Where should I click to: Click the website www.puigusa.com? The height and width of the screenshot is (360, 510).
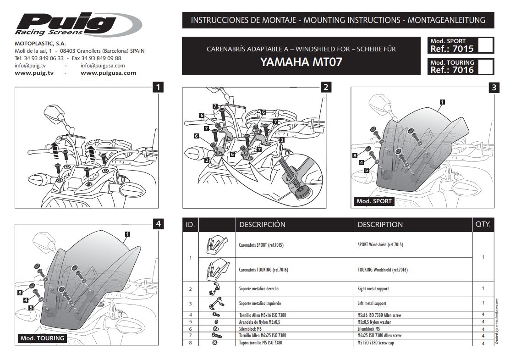tap(108, 73)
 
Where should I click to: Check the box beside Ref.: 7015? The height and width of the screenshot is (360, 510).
tap(486, 45)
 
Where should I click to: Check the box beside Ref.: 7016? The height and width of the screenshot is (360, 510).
tap(486, 66)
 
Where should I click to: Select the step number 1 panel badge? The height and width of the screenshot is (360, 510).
tap(158, 87)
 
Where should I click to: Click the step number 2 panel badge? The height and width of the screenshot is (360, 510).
tap(325, 87)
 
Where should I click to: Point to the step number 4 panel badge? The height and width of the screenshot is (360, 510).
tap(158, 224)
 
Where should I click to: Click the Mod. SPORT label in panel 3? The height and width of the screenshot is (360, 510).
tap(374, 201)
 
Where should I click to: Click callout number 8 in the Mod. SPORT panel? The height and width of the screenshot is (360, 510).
tap(355, 156)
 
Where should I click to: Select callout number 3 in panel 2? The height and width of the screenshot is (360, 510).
tap(281, 139)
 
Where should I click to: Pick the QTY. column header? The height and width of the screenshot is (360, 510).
tap(483, 225)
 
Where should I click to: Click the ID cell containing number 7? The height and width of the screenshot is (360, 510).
tap(190, 336)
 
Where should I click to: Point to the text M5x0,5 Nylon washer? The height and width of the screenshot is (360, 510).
tap(378, 322)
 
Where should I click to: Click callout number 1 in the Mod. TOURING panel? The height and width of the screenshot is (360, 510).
tap(127, 234)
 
